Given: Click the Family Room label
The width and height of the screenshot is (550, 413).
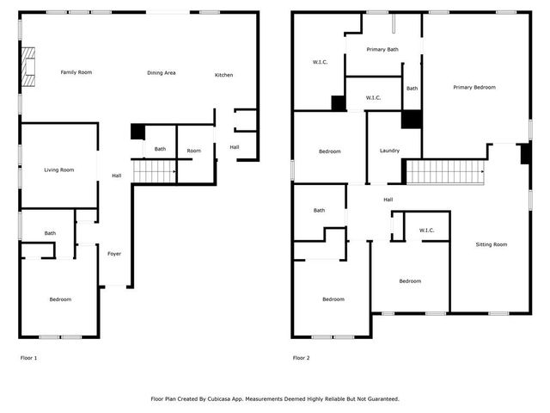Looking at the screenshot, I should click(76, 72).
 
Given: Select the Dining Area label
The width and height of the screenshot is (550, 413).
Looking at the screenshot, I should click(161, 73).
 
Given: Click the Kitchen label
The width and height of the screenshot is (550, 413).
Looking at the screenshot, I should click(223, 75).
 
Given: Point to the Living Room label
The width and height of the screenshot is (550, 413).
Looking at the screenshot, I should click(59, 170).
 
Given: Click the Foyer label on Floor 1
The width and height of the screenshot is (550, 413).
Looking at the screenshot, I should click(114, 254).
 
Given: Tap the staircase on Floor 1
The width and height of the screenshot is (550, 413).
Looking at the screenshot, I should click(155, 171).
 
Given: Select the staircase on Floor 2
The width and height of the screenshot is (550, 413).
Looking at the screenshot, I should click(445, 172).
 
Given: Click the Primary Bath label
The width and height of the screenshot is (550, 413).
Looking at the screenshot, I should click(382, 50).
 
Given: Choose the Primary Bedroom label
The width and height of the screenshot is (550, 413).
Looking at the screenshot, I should click(474, 87).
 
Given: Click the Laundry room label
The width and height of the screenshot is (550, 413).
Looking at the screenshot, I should click(389, 151).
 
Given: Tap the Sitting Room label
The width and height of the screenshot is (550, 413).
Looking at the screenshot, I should click(492, 244).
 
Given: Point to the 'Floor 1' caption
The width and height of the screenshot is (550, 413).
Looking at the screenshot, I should click(28, 357).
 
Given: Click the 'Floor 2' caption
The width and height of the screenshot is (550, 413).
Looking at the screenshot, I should click(302, 357).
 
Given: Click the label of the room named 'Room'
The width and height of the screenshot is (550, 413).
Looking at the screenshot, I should click(194, 151).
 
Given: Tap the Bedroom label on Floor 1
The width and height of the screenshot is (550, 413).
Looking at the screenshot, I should click(60, 299).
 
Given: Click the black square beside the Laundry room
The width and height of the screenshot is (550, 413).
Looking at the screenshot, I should click(411, 120).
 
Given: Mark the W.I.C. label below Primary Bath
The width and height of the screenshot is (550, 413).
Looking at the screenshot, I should click(373, 98).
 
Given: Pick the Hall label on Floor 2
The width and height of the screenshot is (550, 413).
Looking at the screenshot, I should click(388, 200).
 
